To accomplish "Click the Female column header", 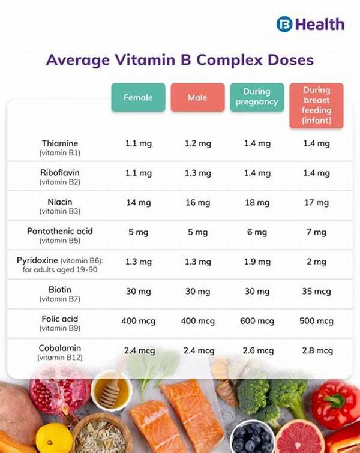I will (138, 97).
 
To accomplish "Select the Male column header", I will (197, 97).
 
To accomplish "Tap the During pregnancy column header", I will (257, 97).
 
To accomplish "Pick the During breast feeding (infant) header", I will (316, 106).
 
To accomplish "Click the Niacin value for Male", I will (197, 203).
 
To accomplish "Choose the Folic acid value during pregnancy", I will (257, 321).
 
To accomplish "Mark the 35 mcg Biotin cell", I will (316, 292).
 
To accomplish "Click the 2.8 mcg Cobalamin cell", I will (316, 350).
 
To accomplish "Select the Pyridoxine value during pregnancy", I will (257, 262).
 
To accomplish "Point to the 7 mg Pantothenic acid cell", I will (316, 232).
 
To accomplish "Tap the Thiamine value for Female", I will (138, 144).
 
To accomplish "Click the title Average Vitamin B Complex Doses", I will (180, 60).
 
